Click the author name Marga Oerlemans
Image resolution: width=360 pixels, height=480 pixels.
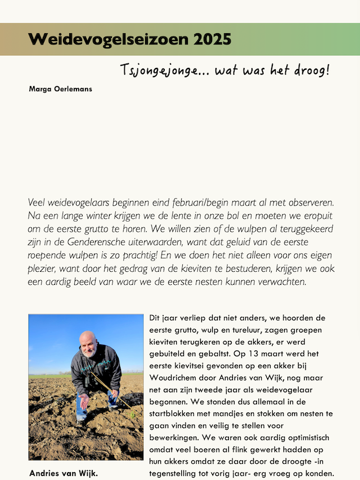coord(60,89)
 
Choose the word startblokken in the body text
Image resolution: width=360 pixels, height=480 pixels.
coord(174,414)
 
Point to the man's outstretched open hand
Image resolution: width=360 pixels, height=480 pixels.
coord(83,401)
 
